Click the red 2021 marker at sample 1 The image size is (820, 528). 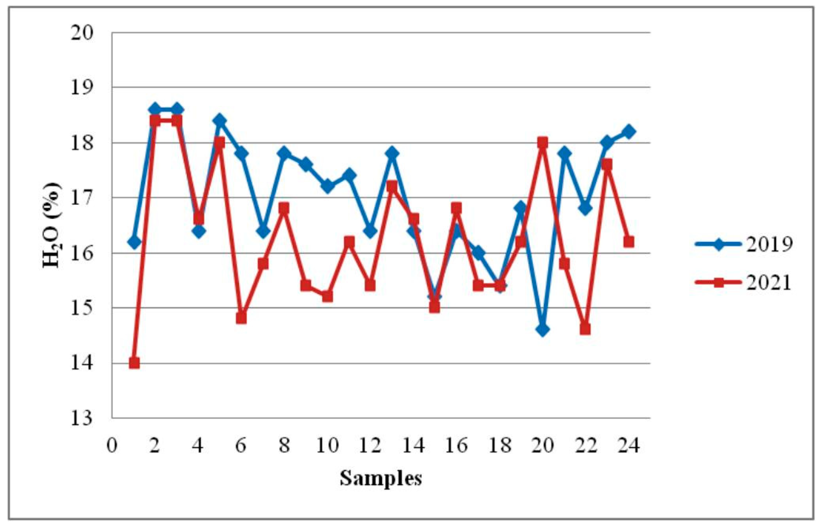134,363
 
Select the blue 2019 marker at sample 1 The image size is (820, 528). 134,242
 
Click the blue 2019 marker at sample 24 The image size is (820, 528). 629,131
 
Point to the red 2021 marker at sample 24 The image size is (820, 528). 629,242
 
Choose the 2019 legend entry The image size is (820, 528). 744,244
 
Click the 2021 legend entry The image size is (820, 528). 744,283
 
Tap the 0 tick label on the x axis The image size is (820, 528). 112,446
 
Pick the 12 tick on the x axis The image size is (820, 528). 370,446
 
